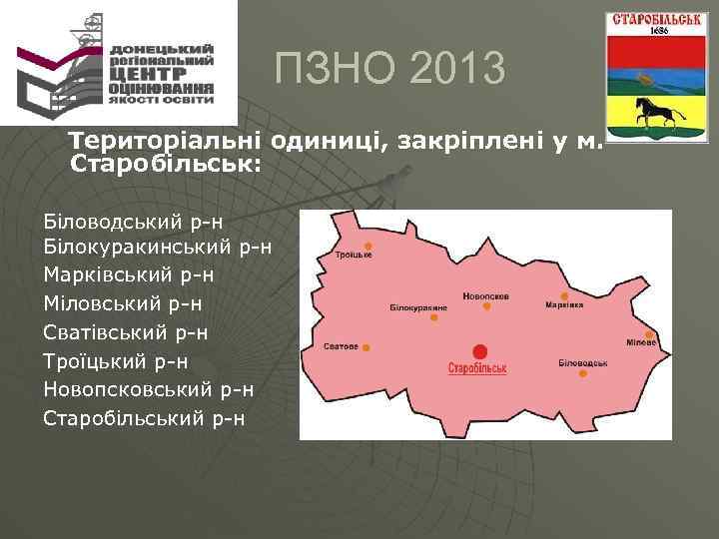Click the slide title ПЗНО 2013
(390, 70)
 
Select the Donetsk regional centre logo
(118, 63)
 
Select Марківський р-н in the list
(129, 273)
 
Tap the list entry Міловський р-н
(125, 301)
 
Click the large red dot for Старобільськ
(480, 351)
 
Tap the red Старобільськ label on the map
(478, 368)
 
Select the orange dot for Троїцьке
(368, 246)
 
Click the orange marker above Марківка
(565, 295)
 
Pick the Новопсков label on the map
(486, 296)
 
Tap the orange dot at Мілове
(649, 334)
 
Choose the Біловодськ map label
(583, 361)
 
